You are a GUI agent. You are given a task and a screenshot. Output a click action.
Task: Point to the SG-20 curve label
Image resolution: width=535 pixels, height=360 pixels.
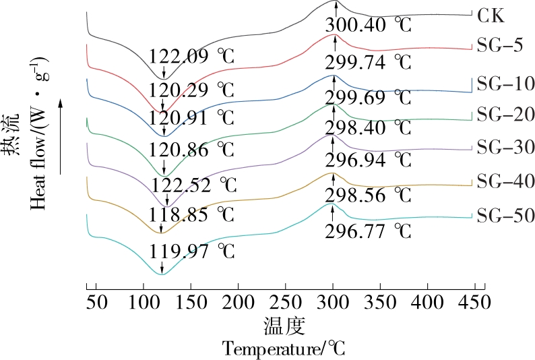coord(505,115)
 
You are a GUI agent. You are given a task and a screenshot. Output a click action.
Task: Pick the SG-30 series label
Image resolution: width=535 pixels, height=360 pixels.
coord(505,148)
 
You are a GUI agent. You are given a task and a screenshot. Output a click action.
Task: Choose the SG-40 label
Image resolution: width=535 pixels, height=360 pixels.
coord(505,181)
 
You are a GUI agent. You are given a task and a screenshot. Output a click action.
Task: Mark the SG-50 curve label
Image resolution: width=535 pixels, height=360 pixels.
coord(505,216)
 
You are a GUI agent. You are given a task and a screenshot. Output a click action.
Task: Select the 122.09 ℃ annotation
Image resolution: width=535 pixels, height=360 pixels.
coord(191,57)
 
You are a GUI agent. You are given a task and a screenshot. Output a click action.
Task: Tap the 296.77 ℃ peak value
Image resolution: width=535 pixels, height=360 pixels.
coord(368,232)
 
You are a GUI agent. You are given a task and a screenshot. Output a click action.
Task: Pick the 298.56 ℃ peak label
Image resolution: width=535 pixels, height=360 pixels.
coord(368,196)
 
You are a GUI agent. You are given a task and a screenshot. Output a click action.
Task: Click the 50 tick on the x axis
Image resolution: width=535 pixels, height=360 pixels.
coord(97,301)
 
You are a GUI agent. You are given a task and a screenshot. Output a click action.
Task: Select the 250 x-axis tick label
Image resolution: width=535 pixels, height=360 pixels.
coord(286,301)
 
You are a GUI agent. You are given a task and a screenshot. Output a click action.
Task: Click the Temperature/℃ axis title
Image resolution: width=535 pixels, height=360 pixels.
coord(284,349)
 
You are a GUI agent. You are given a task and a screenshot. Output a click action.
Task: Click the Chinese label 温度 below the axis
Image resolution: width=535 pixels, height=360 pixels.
coord(284,326)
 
